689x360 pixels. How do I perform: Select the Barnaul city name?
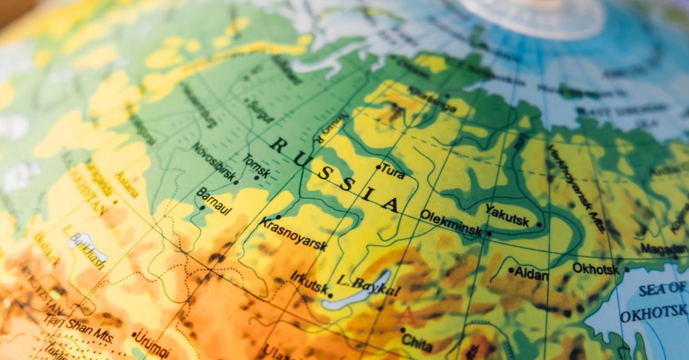pyautogui.click(x=214, y=202)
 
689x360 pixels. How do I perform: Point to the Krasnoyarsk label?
pyautogui.click(x=293, y=234)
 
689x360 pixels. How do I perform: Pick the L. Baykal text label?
pyautogui.click(x=367, y=286)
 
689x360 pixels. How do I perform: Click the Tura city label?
pyautogui.click(x=393, y=171)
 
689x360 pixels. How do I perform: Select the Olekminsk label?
pyautogui.click(x=450, y=223)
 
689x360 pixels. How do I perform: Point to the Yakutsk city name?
pyautogui.click(x=507, y=215)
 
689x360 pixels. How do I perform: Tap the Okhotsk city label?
pyautogui.click(x=595, y=268)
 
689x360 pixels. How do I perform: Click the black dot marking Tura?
pyautogui.click(x=378, y=168)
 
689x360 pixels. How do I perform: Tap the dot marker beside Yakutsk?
pyautogui.click(x=539, y=225)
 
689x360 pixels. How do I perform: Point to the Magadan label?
pyautogui.click(x=663, y=248)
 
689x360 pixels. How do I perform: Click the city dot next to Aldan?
pyautogui.click(x=510, y=270)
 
